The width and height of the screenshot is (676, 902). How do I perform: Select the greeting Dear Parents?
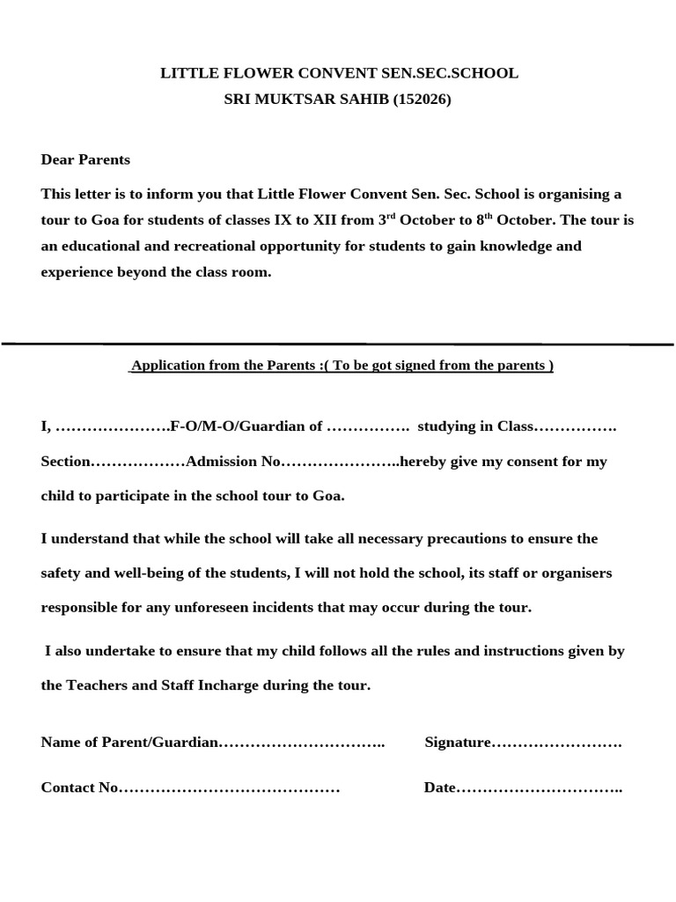click(85, 159)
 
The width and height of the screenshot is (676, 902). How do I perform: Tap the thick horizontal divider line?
click(338, 344)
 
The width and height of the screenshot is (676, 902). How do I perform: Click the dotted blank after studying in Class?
click(576, 426)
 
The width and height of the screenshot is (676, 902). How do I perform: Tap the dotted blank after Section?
click(138, 462)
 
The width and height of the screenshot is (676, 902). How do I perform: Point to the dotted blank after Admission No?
click(340, 462)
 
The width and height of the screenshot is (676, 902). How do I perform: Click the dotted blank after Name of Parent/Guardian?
click(301, 743)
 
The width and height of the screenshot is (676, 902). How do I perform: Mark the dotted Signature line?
click(556, 743)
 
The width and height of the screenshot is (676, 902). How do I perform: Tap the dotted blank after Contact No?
click(229, 787)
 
